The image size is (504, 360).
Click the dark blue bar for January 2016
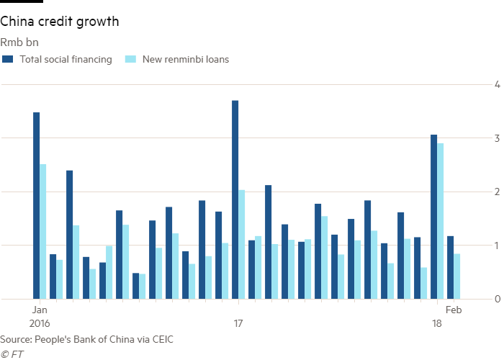point(37,205)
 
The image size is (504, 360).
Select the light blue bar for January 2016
point(43,231)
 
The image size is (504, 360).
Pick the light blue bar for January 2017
point(242,244)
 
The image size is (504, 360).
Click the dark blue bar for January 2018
point(434,217)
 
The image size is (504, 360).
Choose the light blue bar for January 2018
point(441,220)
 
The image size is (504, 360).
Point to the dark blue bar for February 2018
point(451,267)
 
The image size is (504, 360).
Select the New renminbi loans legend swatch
point(130,59)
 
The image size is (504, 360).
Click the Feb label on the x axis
point(454,310)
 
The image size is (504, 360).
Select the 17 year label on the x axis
point(238,323)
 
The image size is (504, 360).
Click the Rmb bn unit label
point(14,41)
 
